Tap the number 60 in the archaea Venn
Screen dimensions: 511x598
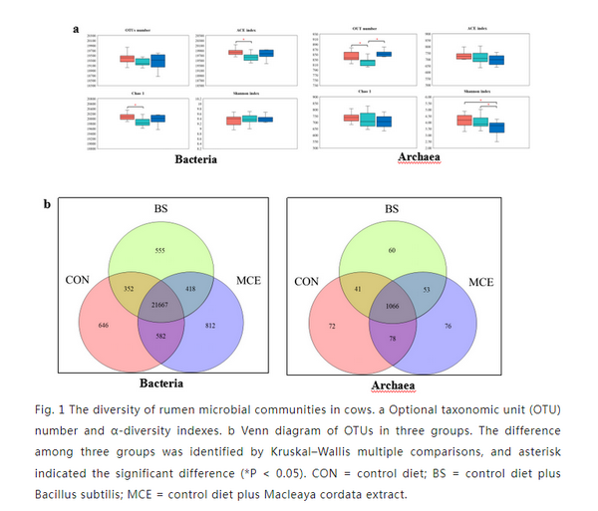(x=393, y=251)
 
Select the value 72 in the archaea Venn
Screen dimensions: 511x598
(x=332, y=326)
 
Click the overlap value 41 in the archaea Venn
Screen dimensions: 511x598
(x=359, y=287)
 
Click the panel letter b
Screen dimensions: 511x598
(x=46, y=206)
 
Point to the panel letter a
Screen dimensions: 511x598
(x=76, y=30)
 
